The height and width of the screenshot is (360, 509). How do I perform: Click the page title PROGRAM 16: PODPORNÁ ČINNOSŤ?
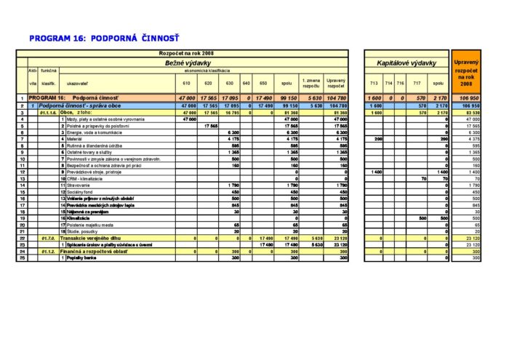(x=104, y=36)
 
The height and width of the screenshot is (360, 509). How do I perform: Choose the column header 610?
(x=187, y=83)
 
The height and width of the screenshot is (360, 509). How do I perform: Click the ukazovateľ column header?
(x=78, y=83)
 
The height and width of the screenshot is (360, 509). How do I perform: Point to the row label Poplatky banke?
(x=81, y=257)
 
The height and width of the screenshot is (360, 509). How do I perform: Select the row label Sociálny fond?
(x=82, y=191)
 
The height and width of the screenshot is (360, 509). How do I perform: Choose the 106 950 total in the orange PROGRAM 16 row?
(x=467, y=97)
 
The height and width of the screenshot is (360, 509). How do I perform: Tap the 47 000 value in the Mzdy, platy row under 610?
(x=188, y=119)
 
